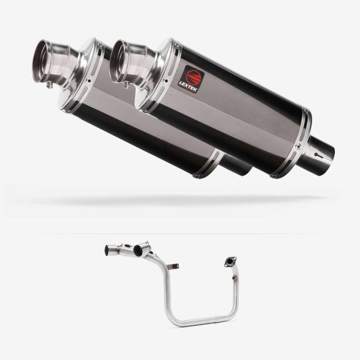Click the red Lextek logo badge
coord(191,80)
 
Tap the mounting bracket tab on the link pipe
coord(172,266)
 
